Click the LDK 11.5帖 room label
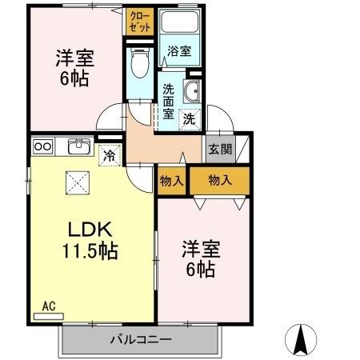90,239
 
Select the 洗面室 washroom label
169,102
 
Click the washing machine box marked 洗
190,118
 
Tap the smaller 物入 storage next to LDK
171,180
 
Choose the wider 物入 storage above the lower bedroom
219,180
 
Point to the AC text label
48,305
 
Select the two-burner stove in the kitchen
42,146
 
